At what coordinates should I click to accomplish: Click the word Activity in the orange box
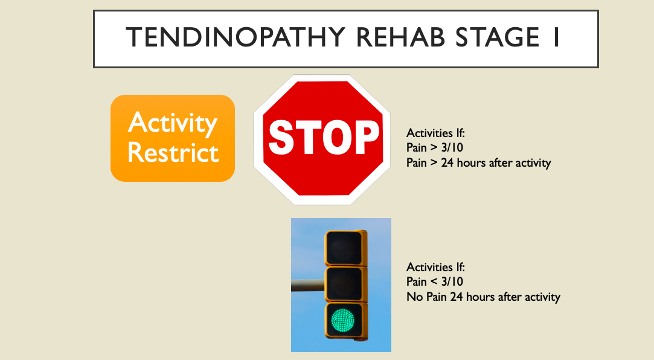coord(173,124)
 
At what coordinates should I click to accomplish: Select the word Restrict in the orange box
coord(173,153)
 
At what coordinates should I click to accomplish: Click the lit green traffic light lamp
coord(344,319)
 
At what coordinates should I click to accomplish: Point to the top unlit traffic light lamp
coord(344,247)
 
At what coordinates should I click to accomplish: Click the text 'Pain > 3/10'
coord(435,148)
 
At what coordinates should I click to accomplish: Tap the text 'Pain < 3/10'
coord(435,282)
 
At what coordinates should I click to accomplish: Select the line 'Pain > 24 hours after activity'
coord(478,163)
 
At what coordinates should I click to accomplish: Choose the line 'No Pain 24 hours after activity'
coord(483,297)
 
